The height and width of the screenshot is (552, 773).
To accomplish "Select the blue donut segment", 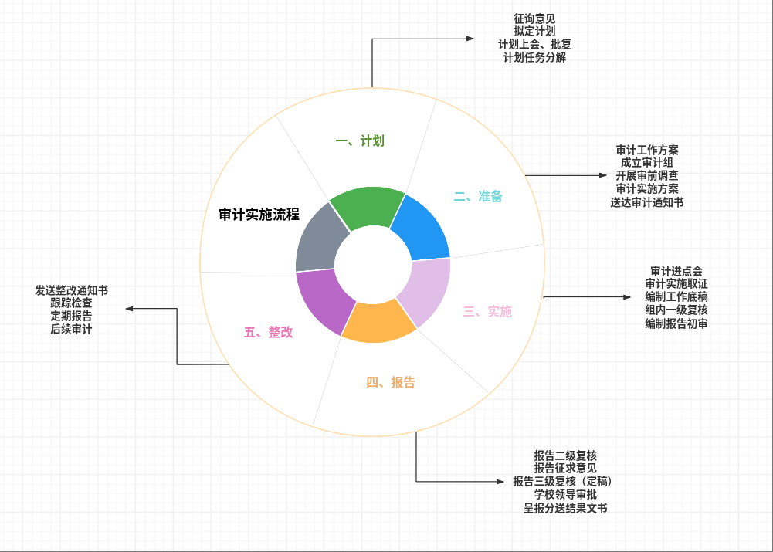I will click(x=422, y=228).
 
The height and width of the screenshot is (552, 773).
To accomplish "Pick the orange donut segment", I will click(x=378, y=323).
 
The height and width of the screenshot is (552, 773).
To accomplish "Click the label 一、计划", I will click(x=360, y=141).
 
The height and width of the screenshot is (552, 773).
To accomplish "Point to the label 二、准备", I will click(x=478, y=196).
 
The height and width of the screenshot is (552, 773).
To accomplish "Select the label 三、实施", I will click(x=487, y=311).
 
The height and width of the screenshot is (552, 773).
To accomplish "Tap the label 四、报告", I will click(x=390, y=382).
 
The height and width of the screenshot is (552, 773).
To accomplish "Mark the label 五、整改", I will click(x=269, y=332).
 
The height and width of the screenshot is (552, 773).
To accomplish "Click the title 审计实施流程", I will click(x=259, y=214).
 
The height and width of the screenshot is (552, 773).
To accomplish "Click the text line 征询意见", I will click(x=534, y=18).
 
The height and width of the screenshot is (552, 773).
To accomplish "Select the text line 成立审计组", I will click(x=647, y=163).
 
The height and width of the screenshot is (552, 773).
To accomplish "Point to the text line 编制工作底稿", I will click(x=676, y=297).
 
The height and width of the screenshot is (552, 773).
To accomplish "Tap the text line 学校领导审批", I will click(x=565, y=494).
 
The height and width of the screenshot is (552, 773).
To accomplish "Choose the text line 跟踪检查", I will click(x=71, y=303).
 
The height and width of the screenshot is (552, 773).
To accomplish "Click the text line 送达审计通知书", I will click(x=647, y=202).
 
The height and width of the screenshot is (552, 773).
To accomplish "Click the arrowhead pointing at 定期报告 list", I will click(x=130, y=309).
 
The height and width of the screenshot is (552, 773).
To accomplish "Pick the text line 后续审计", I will click(x=71, y=330).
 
